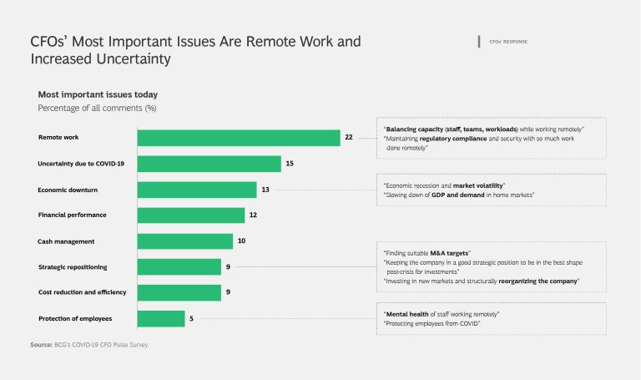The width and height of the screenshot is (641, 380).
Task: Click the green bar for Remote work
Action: click(239, 138)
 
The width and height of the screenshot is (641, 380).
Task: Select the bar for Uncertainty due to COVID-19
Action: click(209, 164)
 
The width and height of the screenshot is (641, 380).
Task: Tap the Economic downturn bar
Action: click(197, 190)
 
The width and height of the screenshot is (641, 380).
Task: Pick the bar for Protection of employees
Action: click(161, 319)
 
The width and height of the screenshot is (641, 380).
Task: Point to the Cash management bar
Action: click(185, 241)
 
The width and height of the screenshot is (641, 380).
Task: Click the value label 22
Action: click(349, 138)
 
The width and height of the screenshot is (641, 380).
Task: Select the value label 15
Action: click(290, 164)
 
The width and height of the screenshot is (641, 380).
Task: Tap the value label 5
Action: click(191, 319)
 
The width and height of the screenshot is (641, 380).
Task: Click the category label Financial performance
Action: click(72, 215)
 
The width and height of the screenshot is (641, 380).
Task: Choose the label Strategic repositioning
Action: click(73, 267)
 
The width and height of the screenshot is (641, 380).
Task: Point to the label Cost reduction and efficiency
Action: click(82, 293)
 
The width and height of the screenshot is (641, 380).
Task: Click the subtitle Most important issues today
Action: click(98, 95)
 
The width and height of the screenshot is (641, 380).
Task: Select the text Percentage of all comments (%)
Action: click(97, 109)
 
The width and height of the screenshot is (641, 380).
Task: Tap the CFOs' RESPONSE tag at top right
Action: click(507, 42)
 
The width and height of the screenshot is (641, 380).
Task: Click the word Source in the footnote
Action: click(41, 344)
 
